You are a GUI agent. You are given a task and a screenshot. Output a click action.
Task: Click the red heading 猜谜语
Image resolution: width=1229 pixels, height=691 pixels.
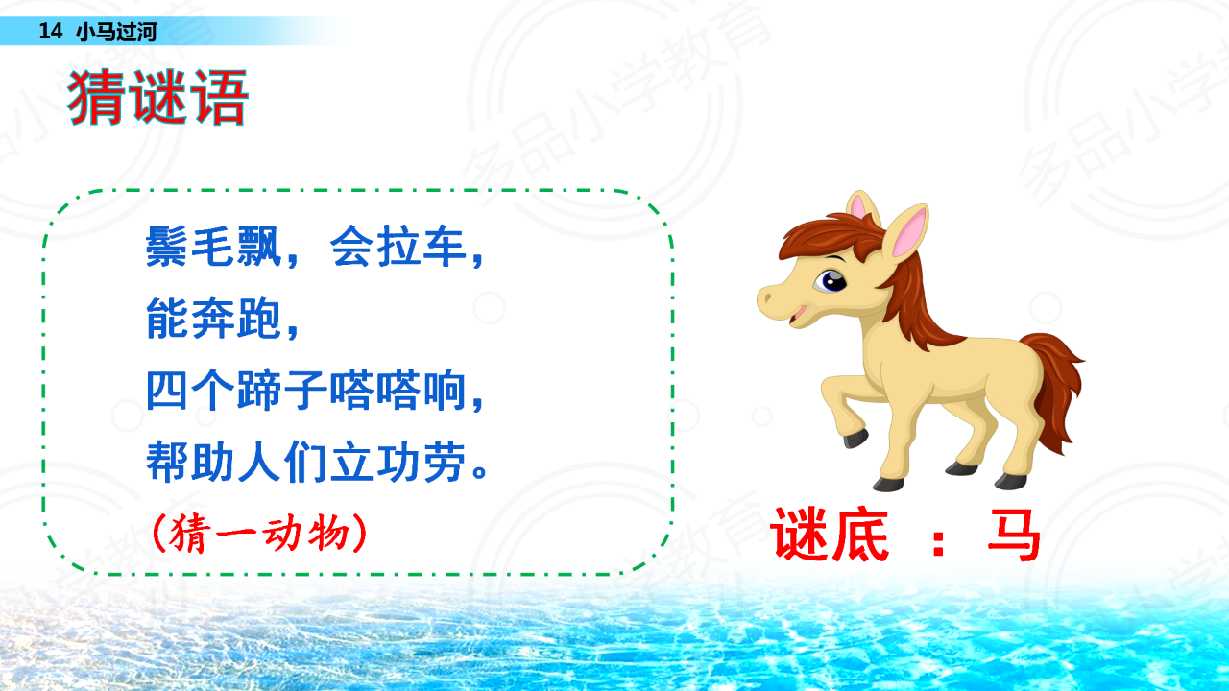pyautogui.click(x=158, y=98)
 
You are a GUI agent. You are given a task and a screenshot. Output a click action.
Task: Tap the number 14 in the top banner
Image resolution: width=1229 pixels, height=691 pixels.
pyautogui.click(x=51, y=32)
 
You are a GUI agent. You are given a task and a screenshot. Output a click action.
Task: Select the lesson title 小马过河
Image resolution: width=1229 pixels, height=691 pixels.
pyautogui.click(x=116, y=32)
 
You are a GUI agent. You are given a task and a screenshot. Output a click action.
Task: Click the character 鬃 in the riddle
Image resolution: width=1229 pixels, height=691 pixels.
pyautogui.click(x=167, y=247)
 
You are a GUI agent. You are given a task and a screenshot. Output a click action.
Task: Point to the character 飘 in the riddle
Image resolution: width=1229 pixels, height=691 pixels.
pyautogui.click(x=259, y=247)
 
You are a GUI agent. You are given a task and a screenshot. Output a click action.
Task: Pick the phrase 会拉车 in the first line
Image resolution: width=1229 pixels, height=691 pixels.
pyautogui.click(x=398, y=247)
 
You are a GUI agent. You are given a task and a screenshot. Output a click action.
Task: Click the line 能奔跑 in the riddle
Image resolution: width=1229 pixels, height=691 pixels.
pyautogui.click(x=213, y=318)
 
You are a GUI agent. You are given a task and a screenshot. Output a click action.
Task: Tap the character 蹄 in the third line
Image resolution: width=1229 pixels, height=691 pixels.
pyautogui.click(x=259, y=390)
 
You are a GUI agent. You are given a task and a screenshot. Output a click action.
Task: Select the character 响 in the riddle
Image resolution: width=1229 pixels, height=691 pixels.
pyautogui.click(x=445, y=390)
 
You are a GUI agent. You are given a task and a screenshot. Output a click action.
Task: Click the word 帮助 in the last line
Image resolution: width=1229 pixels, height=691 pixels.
pyautogui.click(x=190, y=462)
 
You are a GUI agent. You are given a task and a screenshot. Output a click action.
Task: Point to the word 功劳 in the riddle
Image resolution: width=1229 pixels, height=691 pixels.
pyautogui.click(x=422, y=462)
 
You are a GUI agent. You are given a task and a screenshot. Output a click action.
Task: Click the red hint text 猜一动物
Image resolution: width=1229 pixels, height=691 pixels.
pyautogui.click(x=259, y=533)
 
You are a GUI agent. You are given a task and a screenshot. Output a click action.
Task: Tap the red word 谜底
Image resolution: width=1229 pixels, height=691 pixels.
pyautogui.click(x=830, y=535)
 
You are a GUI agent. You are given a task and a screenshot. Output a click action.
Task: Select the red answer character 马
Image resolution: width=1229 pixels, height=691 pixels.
pyautogui.click(x=1013, y=535)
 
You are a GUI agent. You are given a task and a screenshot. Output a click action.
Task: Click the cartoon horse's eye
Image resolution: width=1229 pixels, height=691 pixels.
pyautogui.click(x=831, y=281)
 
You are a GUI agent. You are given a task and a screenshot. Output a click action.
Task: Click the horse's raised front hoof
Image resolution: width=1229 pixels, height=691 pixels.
pyautogui.click(x=855, y=439)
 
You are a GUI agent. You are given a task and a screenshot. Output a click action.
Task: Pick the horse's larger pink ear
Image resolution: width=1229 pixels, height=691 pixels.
pyautogui.click(x=909, y=230)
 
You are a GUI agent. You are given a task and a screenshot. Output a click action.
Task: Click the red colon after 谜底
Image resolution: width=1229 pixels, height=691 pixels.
pyautogui.click(x=939, y=541)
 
